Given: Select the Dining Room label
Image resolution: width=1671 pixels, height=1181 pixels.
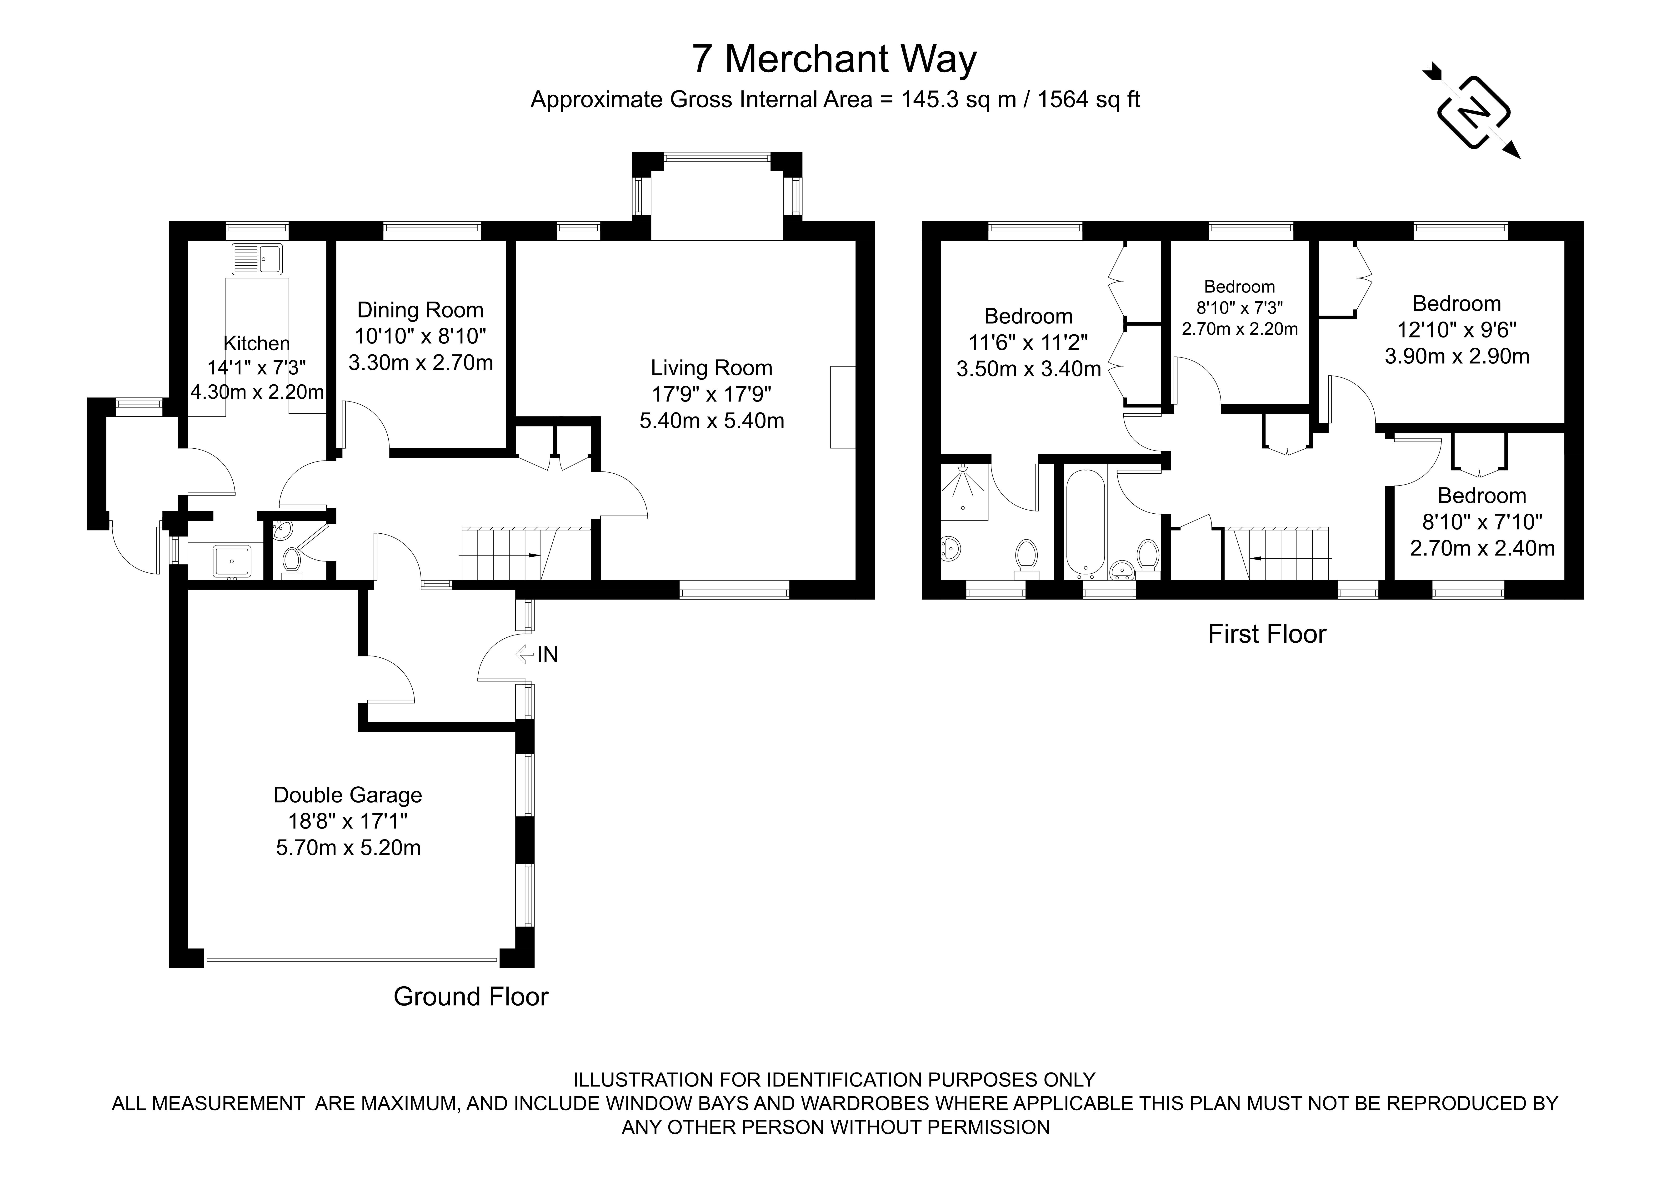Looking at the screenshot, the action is click(420, 310).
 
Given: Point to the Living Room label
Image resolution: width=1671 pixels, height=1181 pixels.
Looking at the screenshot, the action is click(711, 368).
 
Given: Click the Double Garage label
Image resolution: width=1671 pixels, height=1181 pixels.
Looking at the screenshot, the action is click(348, 795).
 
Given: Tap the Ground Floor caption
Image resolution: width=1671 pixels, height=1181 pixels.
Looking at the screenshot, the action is click(471, 996).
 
